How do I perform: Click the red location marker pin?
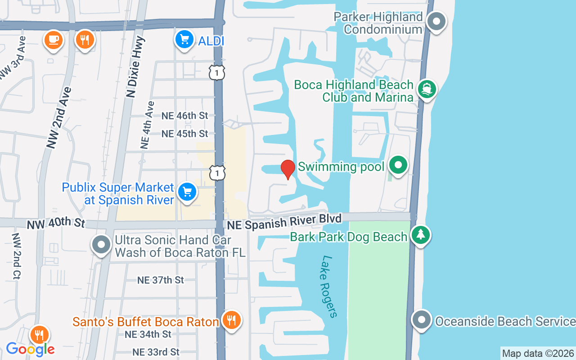click(x=288, y=169)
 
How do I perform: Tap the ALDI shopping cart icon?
click(x=184, y=40)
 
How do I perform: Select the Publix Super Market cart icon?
click(x=187, y=192)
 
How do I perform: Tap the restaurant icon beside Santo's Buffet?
click(x=231, y=320)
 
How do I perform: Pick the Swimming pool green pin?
click(x=398, y=165)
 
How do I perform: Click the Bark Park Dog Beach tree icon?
click(x=420, y=235)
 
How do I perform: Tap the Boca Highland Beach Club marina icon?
click(x=426, y=89)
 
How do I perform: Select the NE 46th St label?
click(x=184, y=116)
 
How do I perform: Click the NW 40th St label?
click(x=56, y=223)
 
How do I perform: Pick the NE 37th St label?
click(x=160, y=280)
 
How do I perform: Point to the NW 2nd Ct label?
click(x=17, y=256)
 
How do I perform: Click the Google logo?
click(x=31, y=349)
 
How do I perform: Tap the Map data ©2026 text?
click(x=538, y=353)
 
